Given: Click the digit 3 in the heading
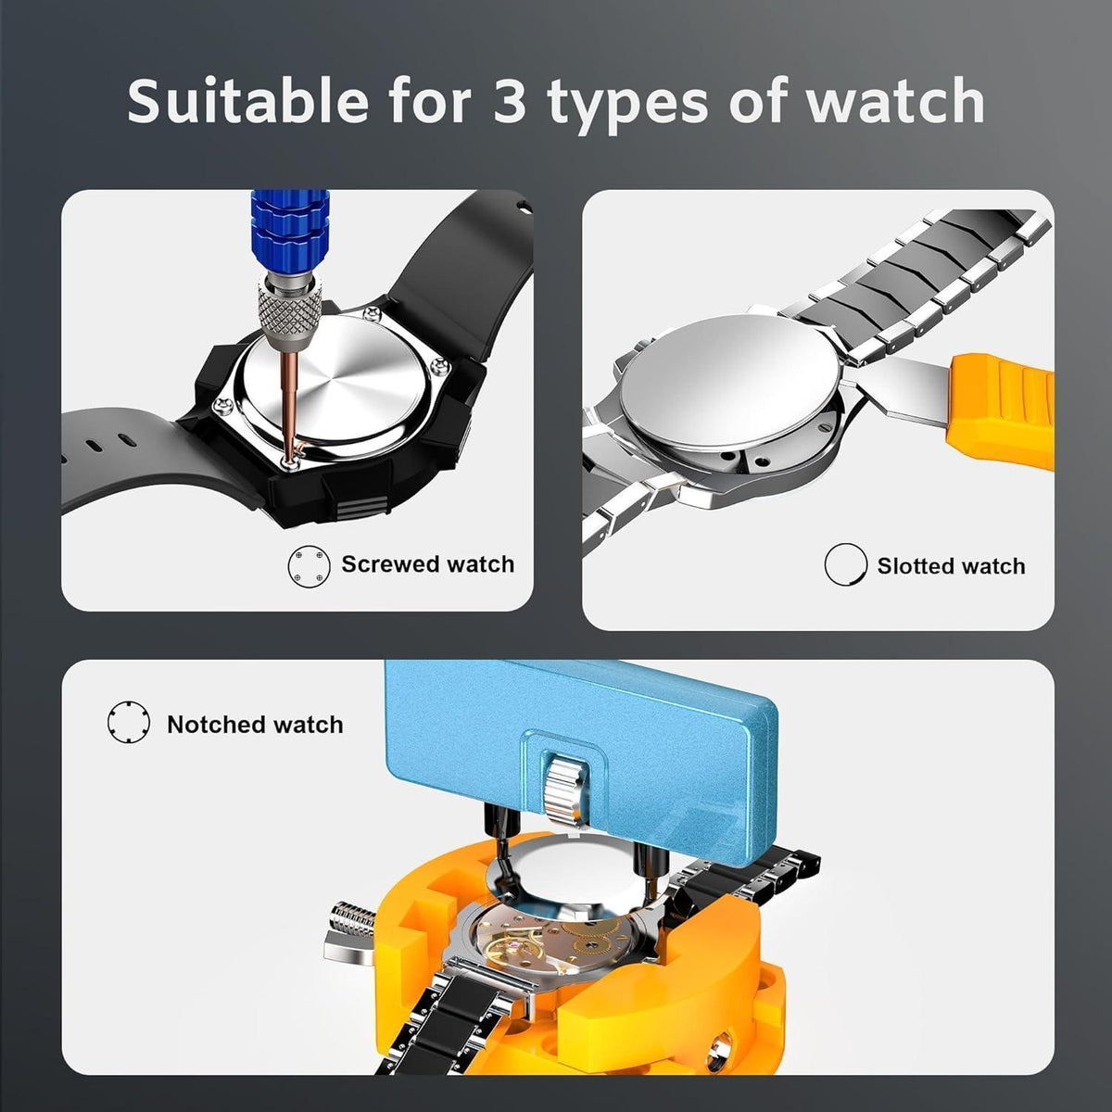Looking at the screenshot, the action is [510, 101].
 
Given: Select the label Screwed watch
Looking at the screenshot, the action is [427, 563].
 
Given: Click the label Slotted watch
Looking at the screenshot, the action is [951, 566].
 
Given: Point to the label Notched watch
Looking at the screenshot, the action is [255, 725].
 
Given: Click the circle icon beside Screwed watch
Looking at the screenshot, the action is [310, 566].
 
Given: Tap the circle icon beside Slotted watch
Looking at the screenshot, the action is [845, 564].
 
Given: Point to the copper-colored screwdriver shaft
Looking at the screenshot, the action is [290, 404].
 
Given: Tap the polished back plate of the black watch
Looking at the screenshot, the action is [337, 384].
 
